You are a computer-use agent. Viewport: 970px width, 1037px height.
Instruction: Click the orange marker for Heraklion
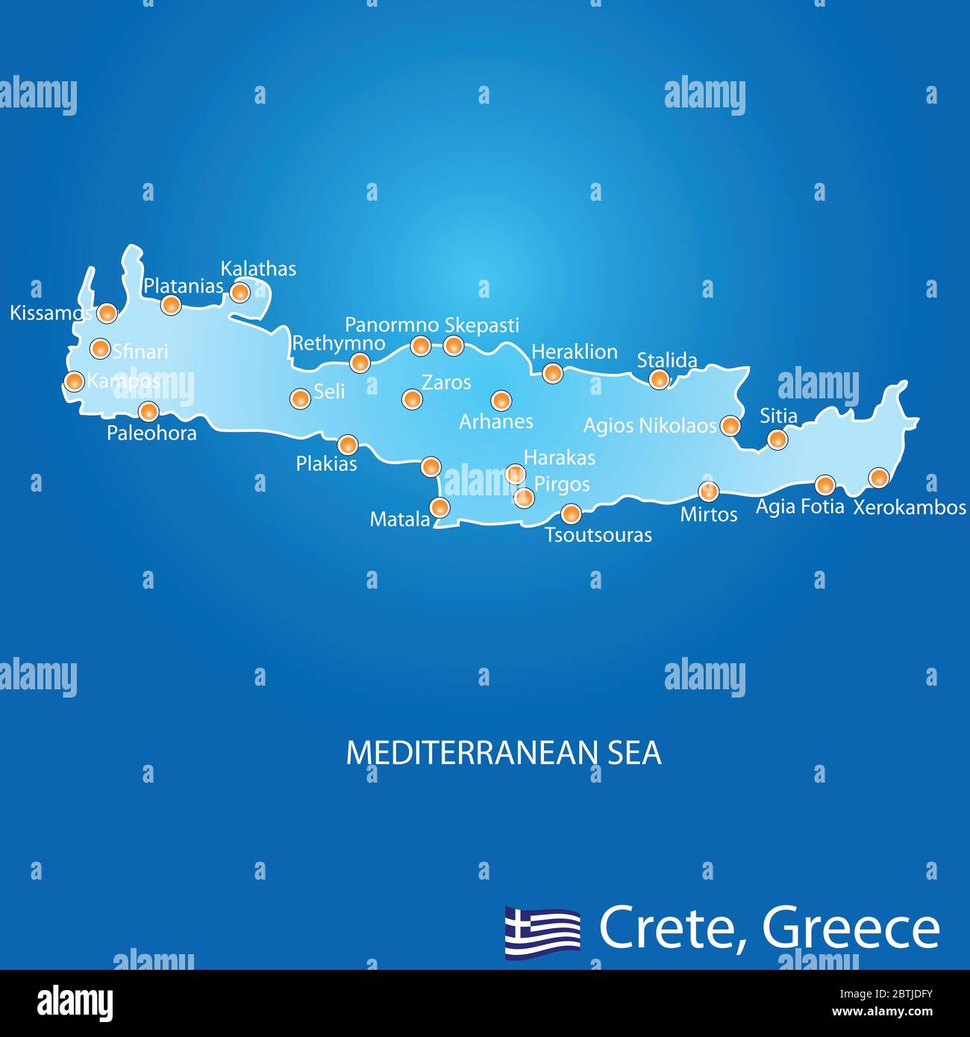pyautogui.click(x=552, y=373)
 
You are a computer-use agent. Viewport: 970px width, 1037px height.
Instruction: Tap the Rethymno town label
pyautogui.click(x=338, y=343)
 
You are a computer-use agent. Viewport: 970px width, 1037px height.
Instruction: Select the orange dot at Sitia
pyautogui.click(x=777, y=439)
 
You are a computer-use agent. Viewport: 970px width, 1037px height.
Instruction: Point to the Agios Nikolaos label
pyautogui.click(x=649, y=426)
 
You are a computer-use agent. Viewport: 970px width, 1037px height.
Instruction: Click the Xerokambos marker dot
pyautogui.click(x=879, y=477)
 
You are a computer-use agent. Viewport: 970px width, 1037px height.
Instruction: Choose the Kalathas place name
pyautogui.click(x=258, y=269)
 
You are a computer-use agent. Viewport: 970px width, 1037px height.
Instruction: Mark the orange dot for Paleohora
pyautogui.click(x=148, y=411)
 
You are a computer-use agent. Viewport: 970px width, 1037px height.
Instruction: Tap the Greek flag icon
pyautogui.click(x=542, y=931)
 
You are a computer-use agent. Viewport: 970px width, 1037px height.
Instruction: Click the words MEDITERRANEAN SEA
pyautogui.click(x=504, y=754)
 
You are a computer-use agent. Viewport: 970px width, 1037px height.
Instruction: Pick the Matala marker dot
pyautogui.click(x=440, y=507)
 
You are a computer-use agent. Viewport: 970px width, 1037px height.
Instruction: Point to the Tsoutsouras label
pyautogui.click(x=598, y=535)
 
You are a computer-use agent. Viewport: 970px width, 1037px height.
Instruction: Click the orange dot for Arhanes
pyautogui.click(x=501, y=401)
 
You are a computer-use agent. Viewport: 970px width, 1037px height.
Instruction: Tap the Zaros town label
pyautogui.click(x=446, y=383)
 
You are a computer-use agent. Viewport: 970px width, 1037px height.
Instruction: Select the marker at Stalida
pyautogui.click(x=659, y=379)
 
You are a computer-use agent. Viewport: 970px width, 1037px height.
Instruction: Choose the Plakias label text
pyautogui.click(x=326, y=464)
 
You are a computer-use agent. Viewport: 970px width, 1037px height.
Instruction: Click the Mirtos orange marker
pyautogui.click(x=708, y=491)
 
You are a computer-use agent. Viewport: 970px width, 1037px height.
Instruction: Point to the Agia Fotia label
pyautogui.click(x=800, y=507)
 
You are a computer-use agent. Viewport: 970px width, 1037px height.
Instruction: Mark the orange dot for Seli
pyautogui.click(x=300, y=398)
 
